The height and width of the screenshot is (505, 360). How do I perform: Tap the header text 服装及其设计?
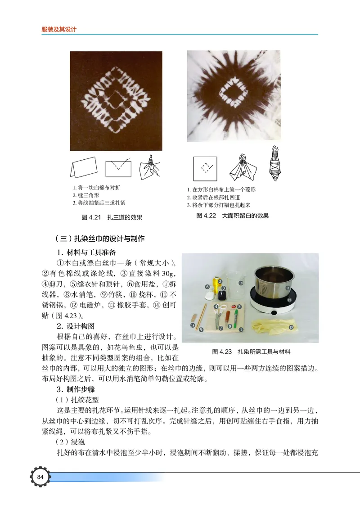[59, 29]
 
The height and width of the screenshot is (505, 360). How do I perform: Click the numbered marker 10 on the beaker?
[241, 283]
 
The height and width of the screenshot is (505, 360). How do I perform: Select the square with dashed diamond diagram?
[205, 168]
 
